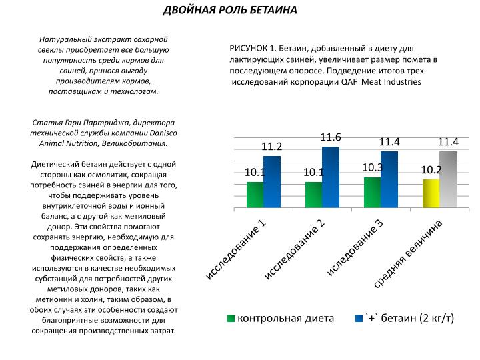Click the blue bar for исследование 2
coord(331,177)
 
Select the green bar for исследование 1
coord(255,195)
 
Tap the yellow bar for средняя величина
coord(431,193)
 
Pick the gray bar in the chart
coord(449,180)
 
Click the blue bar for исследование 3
coord(389,180)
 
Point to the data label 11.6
coord(331,137)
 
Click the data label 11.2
coord(271,147)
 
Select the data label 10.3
coord(373,168)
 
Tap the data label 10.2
coord(431,170)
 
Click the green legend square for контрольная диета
coord(231,319)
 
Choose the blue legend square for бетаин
coord(359,319)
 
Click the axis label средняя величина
coord(408,254)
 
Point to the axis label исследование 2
coord(294,249)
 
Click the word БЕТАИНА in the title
coord(273,10)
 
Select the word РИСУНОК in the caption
coord(249,49)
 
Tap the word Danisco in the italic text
coord(163,133)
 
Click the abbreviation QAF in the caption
coord(349,82)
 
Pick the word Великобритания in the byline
coord(135,143)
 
